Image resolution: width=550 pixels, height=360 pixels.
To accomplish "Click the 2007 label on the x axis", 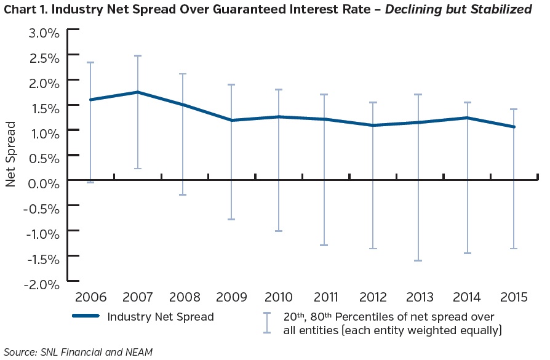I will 138,297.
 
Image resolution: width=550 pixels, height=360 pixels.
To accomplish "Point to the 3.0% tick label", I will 43,33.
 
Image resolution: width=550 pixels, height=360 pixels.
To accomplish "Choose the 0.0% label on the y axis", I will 43,183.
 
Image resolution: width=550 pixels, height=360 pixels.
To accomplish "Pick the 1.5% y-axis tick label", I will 43,108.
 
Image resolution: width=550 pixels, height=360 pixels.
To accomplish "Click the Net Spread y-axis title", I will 11,154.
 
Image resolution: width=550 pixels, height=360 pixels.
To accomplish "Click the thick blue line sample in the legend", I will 86,318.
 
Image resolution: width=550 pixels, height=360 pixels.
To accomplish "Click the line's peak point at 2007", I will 138,92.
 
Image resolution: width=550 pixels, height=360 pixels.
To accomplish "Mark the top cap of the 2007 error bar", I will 138,55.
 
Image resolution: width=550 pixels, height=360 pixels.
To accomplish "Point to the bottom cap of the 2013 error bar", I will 418,261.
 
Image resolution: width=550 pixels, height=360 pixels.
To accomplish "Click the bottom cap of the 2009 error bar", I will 231,219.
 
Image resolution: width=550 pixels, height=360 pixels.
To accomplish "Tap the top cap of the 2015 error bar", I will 514,109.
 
